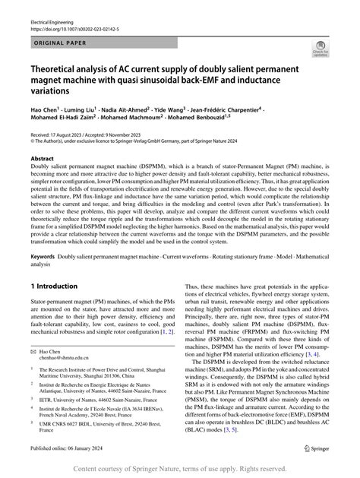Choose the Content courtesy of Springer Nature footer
coord(179,470)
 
